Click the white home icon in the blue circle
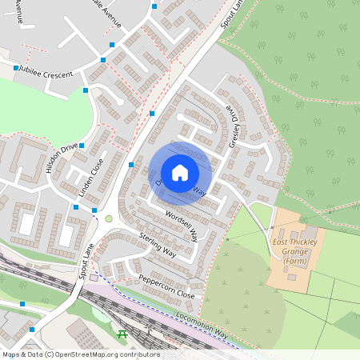click(x=180, y=173)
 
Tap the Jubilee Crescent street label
click(x=47, y=73)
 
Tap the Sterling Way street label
click(x=158, y=246)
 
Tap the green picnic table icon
click(x=122, y=334)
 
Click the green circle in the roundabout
click(x=109, y=218)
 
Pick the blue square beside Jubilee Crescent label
click(x=16, y=68)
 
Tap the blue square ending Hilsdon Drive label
click(x=82, y=145)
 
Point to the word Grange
click(x=289, y=251)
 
